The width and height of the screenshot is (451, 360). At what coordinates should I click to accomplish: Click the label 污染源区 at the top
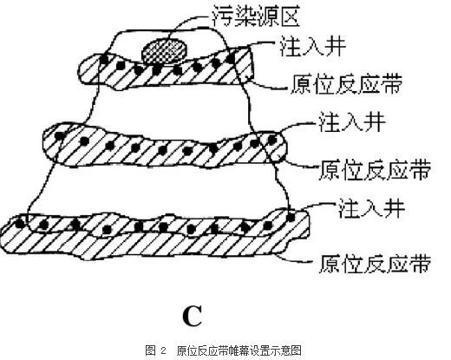256,16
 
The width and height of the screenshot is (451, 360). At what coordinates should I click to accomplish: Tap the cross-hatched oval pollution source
164,51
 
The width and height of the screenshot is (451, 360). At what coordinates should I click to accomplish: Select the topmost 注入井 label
312,46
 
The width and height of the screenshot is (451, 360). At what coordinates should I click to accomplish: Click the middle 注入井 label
352,121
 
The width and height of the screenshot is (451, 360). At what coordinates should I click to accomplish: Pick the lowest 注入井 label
372,207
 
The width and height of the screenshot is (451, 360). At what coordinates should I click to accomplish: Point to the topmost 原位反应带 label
346,84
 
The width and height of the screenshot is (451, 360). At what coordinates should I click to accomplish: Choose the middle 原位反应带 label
375,170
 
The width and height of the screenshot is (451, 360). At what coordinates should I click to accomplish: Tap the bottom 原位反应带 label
375,263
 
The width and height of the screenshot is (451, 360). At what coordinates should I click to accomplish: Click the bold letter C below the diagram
193,316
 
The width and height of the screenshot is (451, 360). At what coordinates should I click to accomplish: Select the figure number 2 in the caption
163,350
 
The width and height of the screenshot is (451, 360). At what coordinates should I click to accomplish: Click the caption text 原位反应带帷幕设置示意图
239,350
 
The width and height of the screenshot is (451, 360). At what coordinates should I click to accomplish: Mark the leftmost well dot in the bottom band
20,224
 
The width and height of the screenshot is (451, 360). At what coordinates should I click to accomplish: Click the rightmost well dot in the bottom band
291,217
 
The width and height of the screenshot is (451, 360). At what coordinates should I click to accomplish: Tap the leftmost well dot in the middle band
60,136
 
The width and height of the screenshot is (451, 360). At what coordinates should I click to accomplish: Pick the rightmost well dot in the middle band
272,140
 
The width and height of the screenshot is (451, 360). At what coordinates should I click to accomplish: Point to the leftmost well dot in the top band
104,60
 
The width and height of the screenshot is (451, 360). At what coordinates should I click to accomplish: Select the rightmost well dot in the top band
231,59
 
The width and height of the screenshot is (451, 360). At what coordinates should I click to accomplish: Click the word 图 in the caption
151,350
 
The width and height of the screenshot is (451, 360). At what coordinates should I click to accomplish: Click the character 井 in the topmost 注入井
336,46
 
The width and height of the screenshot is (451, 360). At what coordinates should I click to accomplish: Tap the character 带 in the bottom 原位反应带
420,263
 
